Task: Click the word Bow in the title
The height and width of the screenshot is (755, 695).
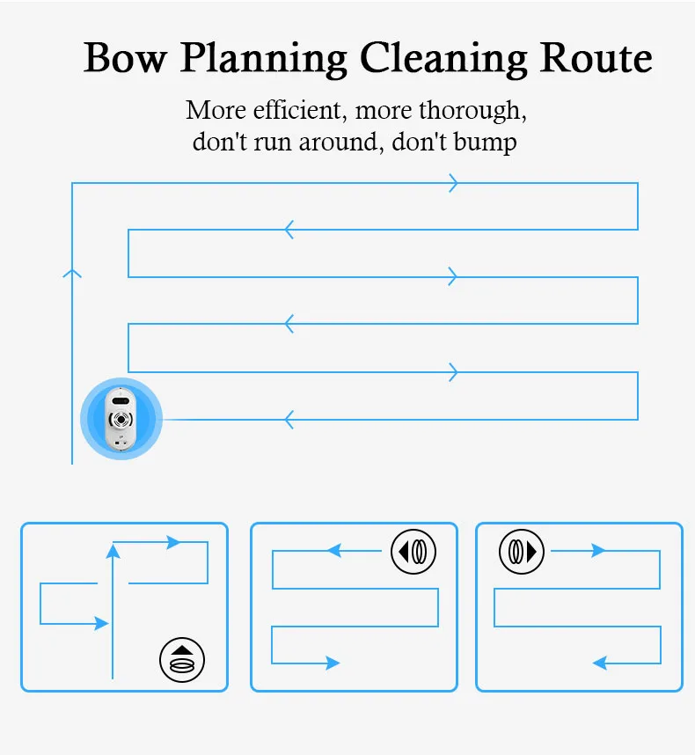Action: (125, 57)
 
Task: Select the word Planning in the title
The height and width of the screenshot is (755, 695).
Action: (264, 60)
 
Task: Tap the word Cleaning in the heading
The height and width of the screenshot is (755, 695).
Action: (443, 60)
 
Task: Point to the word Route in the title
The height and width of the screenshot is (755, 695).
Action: (596, 58)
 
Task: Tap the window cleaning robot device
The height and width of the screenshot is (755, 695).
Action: (121, 419)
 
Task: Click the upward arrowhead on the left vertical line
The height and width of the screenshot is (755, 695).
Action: (72, 274)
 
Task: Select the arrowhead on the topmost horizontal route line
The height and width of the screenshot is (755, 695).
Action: (453, 183)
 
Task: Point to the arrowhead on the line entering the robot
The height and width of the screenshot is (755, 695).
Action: (289, 420)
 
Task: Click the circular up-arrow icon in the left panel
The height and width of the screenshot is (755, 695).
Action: (182, 660)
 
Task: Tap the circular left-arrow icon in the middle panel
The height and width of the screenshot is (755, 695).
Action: (413, 552)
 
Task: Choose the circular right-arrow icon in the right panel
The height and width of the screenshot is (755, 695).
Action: (522, 552)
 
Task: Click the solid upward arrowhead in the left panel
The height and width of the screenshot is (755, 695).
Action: (113, 552)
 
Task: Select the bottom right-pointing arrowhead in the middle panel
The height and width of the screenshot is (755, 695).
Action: (333, 663)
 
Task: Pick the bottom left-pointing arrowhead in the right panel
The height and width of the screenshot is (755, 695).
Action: (600, 663)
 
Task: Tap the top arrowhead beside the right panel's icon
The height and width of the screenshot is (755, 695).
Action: (598, 550)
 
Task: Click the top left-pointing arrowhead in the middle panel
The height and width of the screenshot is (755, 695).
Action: (334, 550)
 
